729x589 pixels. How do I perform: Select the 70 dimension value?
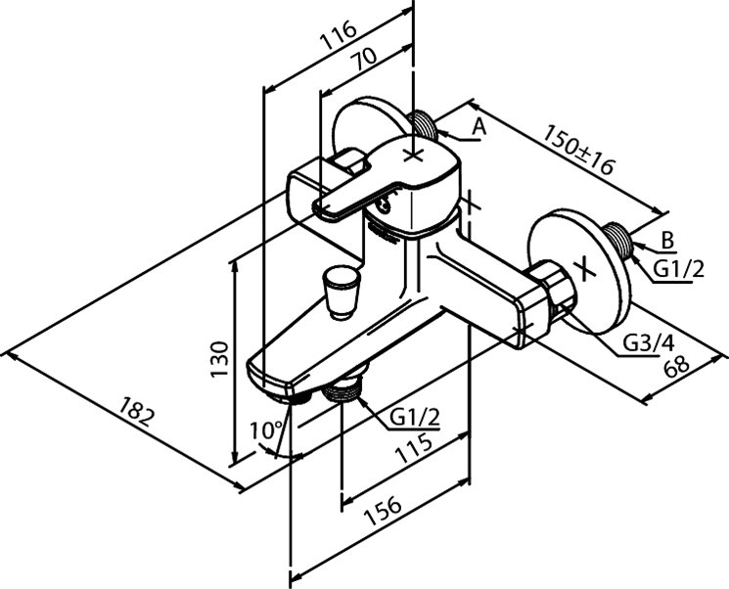coord(364,62)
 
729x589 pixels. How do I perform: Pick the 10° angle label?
coord(265,429)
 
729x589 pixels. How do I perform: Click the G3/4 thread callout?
coord(650,343)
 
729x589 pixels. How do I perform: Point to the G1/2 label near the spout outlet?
coord(415,418)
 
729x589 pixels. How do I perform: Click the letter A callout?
coord(478,126)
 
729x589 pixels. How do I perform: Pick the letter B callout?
coord(667,239)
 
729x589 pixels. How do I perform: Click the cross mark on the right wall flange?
coord(585,266)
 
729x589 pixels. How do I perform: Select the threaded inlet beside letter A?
coord(426,124)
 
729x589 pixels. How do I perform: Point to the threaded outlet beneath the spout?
coord(343,389)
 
